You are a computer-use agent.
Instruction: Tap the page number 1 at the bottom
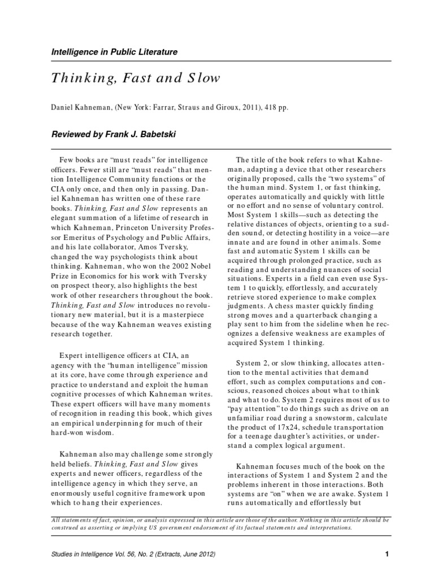point(387,554)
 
